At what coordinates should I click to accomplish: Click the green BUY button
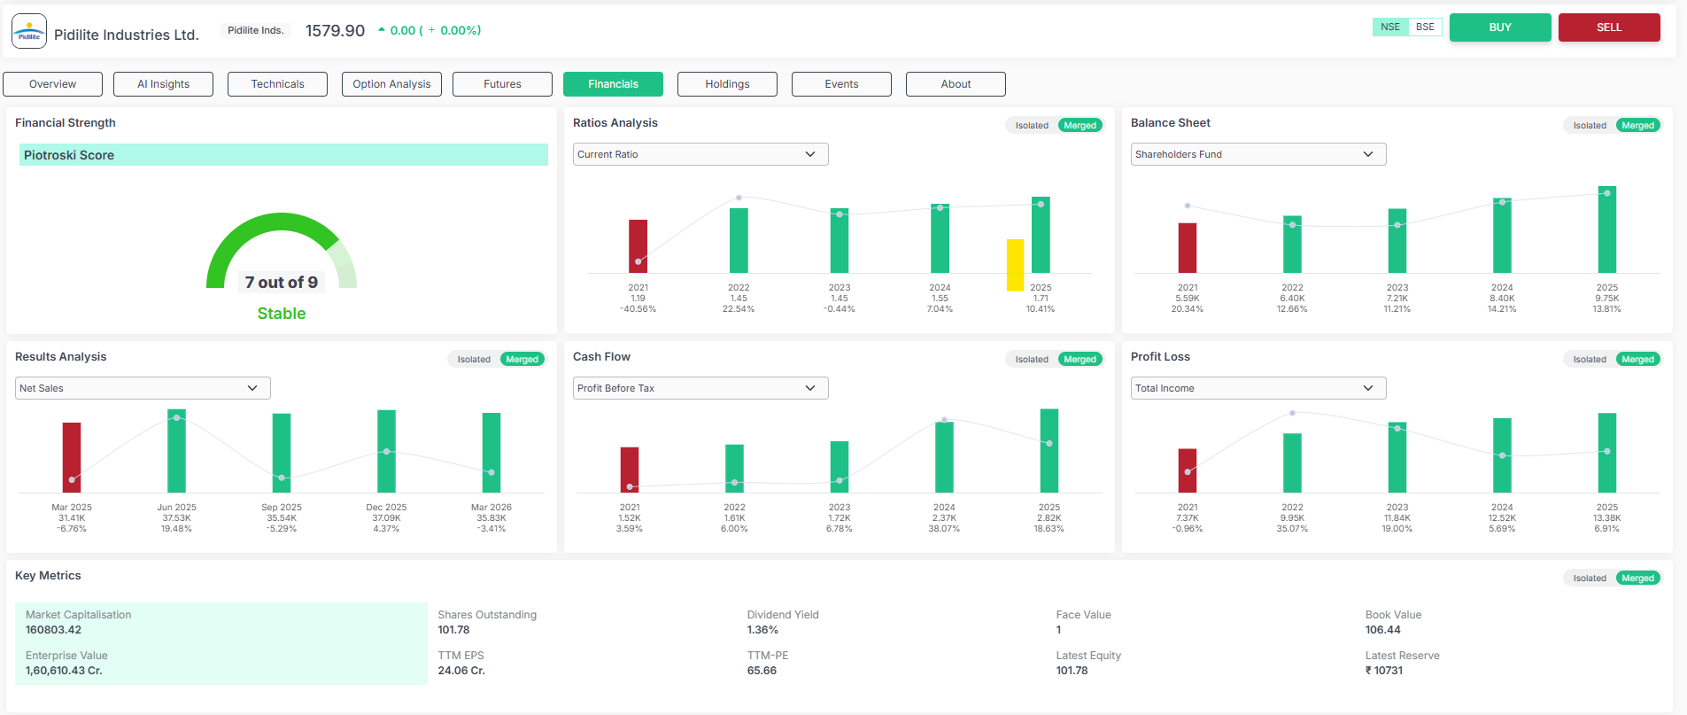pos(1500,27)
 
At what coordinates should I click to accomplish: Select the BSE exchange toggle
pos(1425,27)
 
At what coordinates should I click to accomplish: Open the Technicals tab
pos(277,84)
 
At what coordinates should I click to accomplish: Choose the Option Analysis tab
pos(391,84)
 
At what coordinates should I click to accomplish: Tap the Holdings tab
pos(727,84)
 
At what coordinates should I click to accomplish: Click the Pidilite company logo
pos(29,31)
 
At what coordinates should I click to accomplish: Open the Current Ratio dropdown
pos(700,154)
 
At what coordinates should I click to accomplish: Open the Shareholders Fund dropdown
pos(1258,154)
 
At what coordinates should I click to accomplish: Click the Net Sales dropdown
pos(143,388)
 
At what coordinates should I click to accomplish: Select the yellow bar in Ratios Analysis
pos(1015,265)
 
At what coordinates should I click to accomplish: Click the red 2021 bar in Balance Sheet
pos(1188,248)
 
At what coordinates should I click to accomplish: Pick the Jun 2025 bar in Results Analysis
pos(176,451)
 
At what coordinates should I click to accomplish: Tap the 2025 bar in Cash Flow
pos(1049,451)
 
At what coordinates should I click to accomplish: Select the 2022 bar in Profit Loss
pos(1293,462)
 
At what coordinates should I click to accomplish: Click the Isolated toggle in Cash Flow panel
pos(1032,360)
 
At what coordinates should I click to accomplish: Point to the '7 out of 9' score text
pos(282,283)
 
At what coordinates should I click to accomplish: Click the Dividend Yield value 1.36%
pos(762,630)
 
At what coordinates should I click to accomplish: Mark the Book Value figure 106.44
pos(1382,630)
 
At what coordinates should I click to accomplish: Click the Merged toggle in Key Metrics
pos(1638,579)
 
